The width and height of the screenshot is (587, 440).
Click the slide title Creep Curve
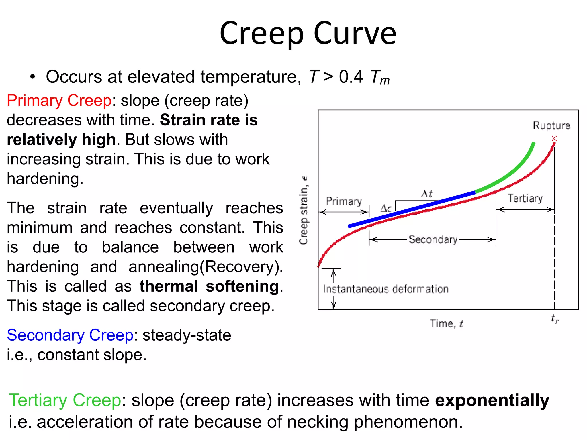tap(308, 34)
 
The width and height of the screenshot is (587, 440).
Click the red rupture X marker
tap(554, 139)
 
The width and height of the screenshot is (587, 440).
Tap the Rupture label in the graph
tap(551, 125)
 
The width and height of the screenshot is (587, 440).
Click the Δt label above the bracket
tap(426, 194)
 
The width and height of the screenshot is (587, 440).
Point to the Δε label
tap(386, 208)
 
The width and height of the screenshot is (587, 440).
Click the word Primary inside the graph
tap(344, 201)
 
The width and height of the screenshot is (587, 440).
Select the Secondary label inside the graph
tap(433, 239)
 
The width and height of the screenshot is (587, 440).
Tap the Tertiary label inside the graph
tap(525, 198)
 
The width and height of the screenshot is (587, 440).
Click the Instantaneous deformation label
tap(386, 289)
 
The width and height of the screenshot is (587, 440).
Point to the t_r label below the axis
tap(555, 319)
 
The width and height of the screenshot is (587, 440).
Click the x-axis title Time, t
tap(446, 323)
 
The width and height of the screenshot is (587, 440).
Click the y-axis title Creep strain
tap(304, 211)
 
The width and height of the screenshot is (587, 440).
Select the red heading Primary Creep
tap(59, 101)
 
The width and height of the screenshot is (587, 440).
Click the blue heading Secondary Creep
tap(70, 335)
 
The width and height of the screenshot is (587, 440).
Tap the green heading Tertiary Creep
tap(65, 400)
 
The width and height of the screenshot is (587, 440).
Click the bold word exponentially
tap(492, 400)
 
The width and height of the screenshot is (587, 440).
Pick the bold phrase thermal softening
tap(209, 286)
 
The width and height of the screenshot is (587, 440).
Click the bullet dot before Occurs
tap(33, 77)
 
